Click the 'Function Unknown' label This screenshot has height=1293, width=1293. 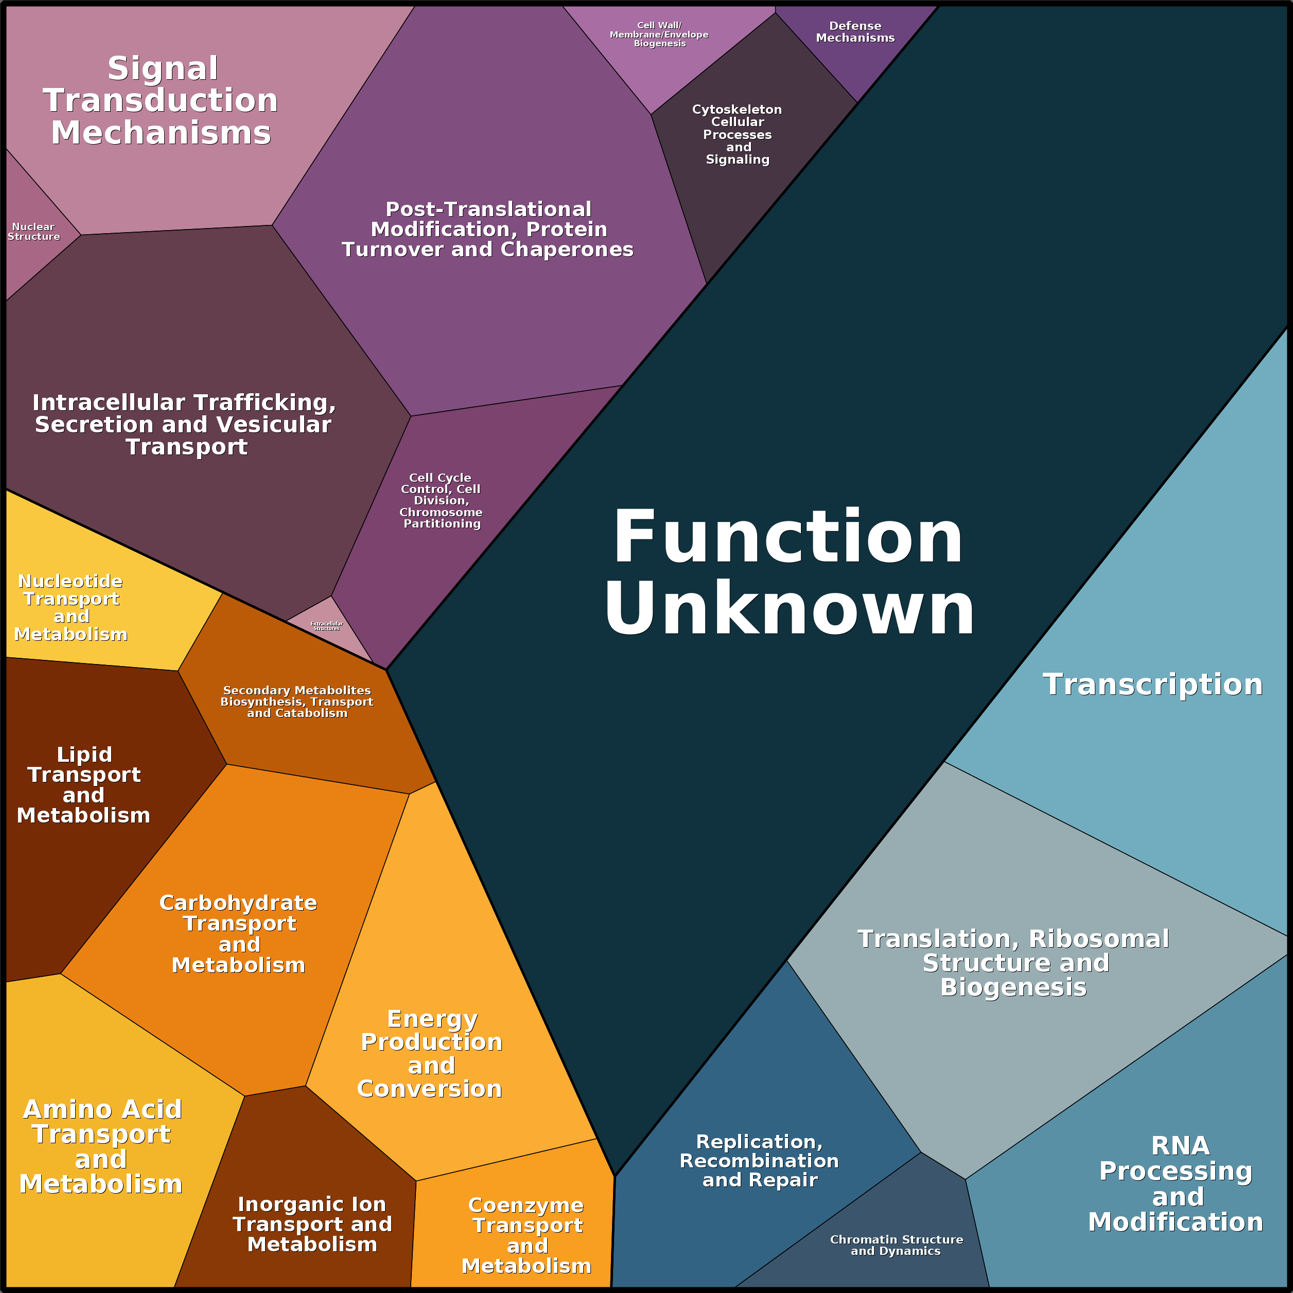coord(789,573)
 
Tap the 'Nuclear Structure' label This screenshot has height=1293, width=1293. coord(33,232)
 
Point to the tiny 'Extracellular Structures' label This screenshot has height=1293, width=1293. coord(327,626)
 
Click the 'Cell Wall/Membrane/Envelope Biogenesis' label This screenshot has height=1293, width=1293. coord(659,34)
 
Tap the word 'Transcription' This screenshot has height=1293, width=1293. coord(1152,685)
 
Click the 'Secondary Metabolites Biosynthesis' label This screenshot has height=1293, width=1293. coord(296,702)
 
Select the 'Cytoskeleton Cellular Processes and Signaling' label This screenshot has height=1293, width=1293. coord(737,134)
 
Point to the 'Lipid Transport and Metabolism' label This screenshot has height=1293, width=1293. coord(84,784)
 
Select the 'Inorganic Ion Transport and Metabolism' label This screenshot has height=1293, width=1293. coord(312,1224)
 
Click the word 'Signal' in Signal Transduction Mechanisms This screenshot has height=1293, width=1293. coord(163,69)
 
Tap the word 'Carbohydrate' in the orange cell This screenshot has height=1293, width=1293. coord(238,903)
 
